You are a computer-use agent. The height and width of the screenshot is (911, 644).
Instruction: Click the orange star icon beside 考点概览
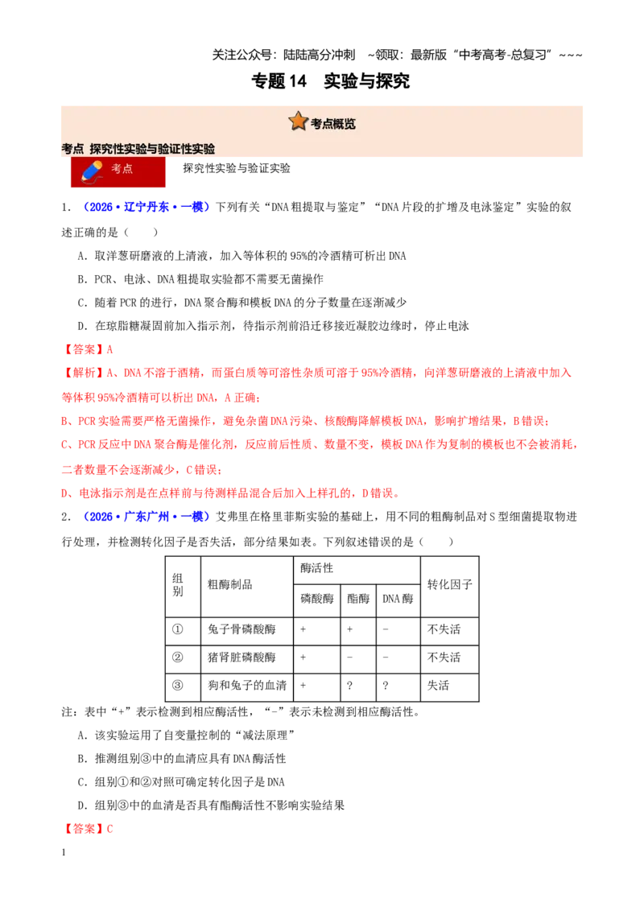(298, 122)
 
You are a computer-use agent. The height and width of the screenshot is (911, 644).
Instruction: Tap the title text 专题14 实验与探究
(330, 80)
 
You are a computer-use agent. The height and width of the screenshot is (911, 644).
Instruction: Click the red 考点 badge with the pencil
(118, 171)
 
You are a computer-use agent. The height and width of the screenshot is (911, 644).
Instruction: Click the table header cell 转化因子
(449, 584)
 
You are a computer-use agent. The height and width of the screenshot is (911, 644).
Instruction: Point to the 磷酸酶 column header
(317, 599)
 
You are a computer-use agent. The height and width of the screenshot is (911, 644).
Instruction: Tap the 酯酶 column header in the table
(358, 599)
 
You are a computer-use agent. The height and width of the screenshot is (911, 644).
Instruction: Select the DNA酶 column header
(398, 599)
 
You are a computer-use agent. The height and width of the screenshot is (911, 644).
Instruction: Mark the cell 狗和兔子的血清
(248, 685)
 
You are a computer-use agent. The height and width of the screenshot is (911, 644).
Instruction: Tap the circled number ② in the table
(178, 657)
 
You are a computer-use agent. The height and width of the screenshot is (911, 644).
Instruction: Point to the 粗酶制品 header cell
(230, 584)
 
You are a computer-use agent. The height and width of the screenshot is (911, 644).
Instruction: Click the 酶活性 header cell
(317, 568)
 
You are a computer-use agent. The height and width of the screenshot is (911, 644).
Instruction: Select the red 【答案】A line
(88, 349)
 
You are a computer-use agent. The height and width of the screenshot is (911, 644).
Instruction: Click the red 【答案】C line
(88, 828)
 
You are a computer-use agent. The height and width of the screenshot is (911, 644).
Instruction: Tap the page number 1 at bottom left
(64, 852)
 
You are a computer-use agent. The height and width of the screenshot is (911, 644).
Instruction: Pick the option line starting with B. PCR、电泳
(200, 279)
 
